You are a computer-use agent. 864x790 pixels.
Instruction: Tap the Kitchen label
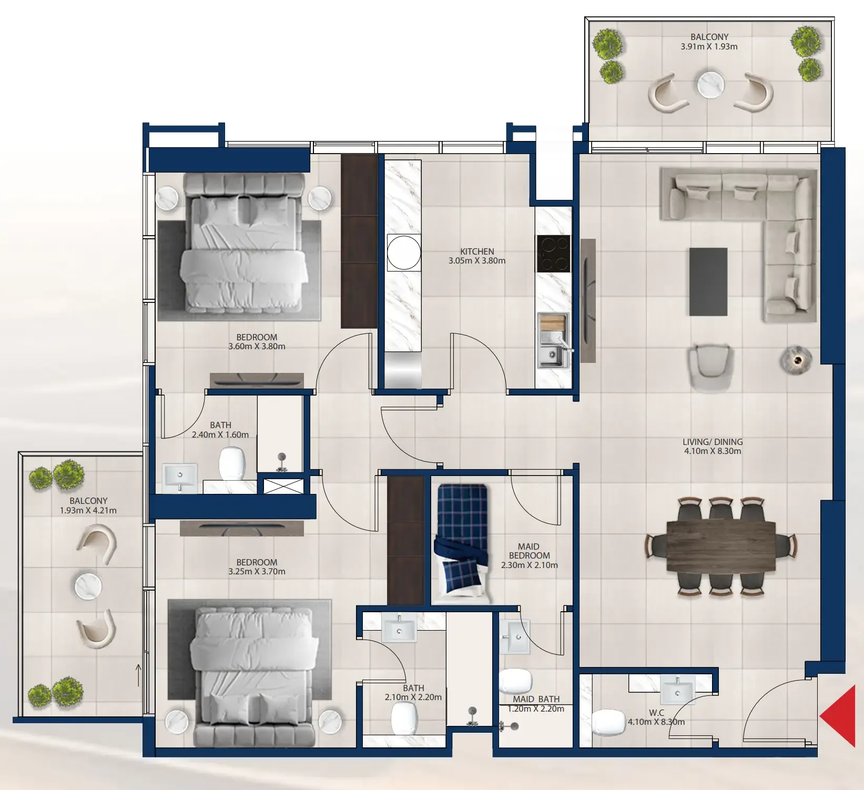tap(477, 251)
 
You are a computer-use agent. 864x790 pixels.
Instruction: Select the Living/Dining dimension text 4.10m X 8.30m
tap(712, 451)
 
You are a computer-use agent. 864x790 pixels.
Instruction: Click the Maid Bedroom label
tap(529, 551)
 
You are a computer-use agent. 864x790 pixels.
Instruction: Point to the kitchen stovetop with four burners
tap(553, 254)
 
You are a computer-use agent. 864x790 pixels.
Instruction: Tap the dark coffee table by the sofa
tap(708, 282)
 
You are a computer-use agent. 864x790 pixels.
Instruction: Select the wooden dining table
tap(721, 546)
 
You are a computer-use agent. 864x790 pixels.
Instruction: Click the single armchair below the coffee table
tap(710, 368)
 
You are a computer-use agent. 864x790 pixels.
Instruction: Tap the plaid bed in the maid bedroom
tap(462, 544)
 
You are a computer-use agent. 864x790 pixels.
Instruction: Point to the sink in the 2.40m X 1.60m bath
tap(180, 478)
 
